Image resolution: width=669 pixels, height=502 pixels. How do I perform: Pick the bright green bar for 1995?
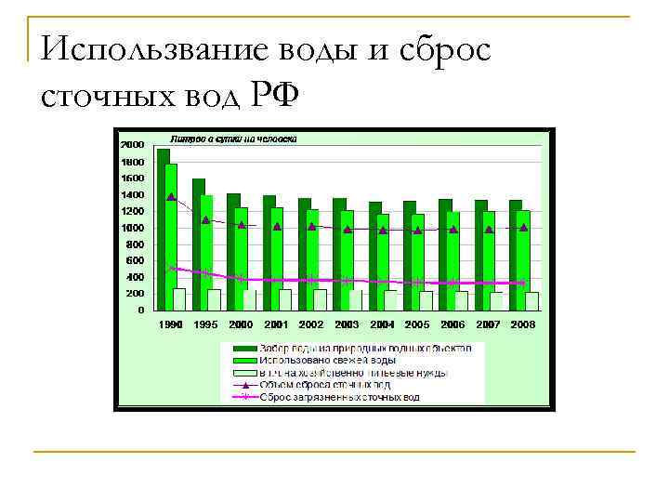(207, 251)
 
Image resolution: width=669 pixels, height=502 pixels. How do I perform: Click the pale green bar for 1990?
(179, 298)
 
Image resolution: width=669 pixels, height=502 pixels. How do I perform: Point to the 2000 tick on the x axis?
(241, 324)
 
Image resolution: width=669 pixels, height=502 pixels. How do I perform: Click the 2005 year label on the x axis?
(417, 324)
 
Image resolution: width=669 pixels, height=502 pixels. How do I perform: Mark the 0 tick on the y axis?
(141, 310)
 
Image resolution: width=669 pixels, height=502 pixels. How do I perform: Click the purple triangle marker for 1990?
(171, 197)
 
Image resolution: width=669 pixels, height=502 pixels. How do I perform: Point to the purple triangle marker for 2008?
(524, 227)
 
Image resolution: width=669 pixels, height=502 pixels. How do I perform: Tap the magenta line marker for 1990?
(171, 268)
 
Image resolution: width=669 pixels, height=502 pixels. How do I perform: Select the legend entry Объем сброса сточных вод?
(325, 384)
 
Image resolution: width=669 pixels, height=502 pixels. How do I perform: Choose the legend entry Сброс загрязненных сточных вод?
(339, 397)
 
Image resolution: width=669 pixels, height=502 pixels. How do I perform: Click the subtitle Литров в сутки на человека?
(232, 139)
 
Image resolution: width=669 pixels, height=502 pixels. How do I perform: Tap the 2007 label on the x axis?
(488, 324)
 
